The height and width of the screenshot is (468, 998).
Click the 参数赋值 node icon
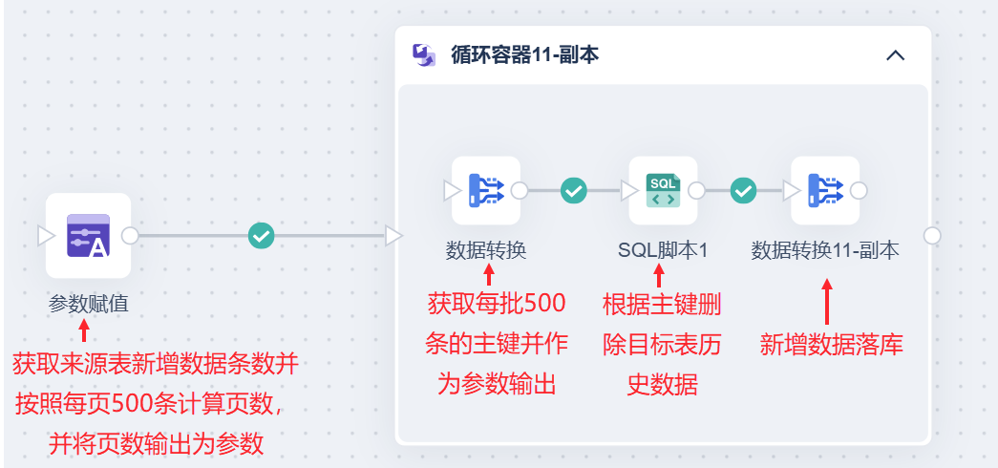coord(88,235)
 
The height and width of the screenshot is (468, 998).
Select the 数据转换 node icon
coord(486,190)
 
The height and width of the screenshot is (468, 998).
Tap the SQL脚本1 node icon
coord(663,190)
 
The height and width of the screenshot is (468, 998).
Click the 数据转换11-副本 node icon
coord(825,190)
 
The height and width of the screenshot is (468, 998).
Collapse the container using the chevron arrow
coord(895,54)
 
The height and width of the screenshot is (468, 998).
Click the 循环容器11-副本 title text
coord(525,54)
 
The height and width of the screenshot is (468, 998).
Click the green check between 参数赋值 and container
coord(261,235)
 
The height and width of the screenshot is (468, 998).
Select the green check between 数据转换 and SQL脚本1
coord(573,190)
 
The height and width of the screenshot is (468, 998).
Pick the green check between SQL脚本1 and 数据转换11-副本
coord(743,190)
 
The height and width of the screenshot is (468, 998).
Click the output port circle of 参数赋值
coord(131,235)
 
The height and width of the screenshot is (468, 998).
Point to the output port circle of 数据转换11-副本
coord(859,190)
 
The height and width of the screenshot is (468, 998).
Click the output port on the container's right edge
coord(932,235)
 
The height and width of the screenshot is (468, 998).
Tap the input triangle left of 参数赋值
coord(46,235)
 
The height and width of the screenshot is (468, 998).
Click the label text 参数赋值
coord(88,304)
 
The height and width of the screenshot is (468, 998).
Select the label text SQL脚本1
coord(662,250)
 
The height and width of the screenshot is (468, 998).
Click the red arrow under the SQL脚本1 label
coord(658,276)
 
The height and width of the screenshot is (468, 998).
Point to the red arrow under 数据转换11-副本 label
coord(827,301)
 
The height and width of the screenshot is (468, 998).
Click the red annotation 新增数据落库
coord(831,344)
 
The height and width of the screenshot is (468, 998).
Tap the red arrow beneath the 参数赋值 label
coord(84,330)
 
